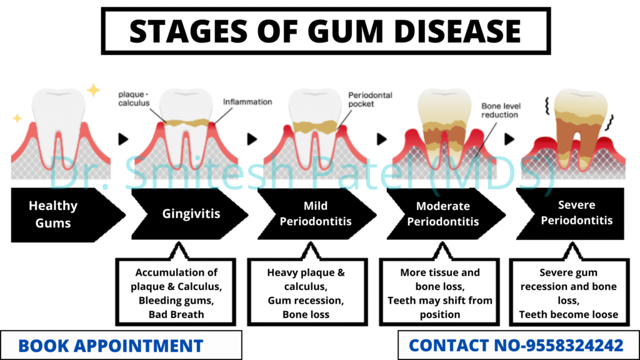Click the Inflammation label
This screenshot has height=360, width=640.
pos(247,102)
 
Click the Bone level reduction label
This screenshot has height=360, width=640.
pos(499,111)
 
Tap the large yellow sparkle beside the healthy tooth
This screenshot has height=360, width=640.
pos(93,91)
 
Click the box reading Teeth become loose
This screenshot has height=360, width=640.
pos(568,293)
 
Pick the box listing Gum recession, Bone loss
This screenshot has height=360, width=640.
pos(306,293)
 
